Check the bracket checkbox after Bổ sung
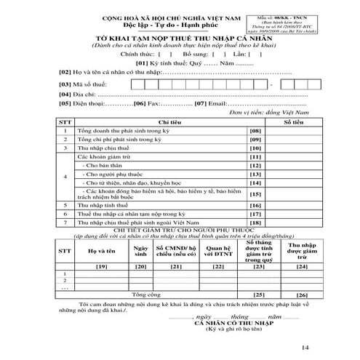coord(215,54)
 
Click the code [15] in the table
coord(255,194)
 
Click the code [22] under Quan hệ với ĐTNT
coord(215,268)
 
